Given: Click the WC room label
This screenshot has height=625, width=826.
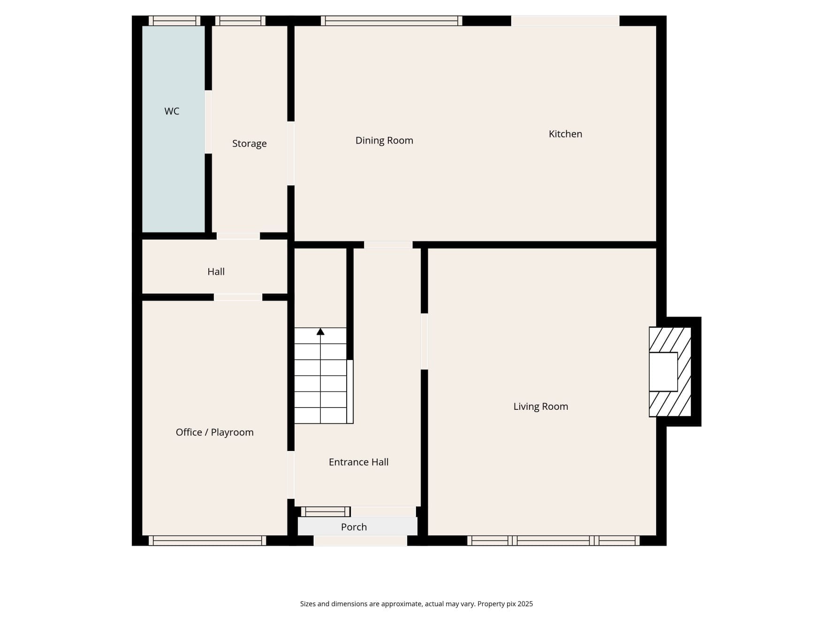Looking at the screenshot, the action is (172, 111).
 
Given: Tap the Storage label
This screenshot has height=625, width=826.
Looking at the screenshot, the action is (249, 143).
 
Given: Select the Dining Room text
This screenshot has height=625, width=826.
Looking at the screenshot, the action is (384, 140).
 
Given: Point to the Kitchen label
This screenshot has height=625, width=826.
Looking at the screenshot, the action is (565, 134).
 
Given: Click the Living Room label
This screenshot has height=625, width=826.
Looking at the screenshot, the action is (540, 407).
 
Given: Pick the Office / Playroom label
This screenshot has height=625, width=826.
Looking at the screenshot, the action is (214, 432).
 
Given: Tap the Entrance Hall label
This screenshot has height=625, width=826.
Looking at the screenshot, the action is (358, 462).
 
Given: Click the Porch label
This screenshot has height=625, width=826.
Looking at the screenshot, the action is (354, 527).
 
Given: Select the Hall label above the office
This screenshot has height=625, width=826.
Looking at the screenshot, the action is (216, 271).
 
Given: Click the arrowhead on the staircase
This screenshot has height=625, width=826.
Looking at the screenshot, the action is (320, 331).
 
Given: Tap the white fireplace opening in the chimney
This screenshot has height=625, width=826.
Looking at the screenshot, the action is (663, 371).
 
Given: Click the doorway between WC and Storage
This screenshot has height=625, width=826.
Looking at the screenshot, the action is (208, 121).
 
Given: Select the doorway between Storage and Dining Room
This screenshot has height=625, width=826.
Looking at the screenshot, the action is (291, 153).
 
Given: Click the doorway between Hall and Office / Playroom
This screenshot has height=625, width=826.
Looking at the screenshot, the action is (238, 297).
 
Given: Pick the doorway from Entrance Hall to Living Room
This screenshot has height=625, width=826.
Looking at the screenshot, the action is (424, 341).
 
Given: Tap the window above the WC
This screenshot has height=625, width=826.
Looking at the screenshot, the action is (174, 21).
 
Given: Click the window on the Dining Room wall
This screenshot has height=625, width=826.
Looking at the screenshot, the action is (392, 21).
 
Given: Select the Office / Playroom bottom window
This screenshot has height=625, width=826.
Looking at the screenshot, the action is (207, 541).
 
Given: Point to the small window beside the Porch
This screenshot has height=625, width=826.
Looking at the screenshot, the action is (326, 512).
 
